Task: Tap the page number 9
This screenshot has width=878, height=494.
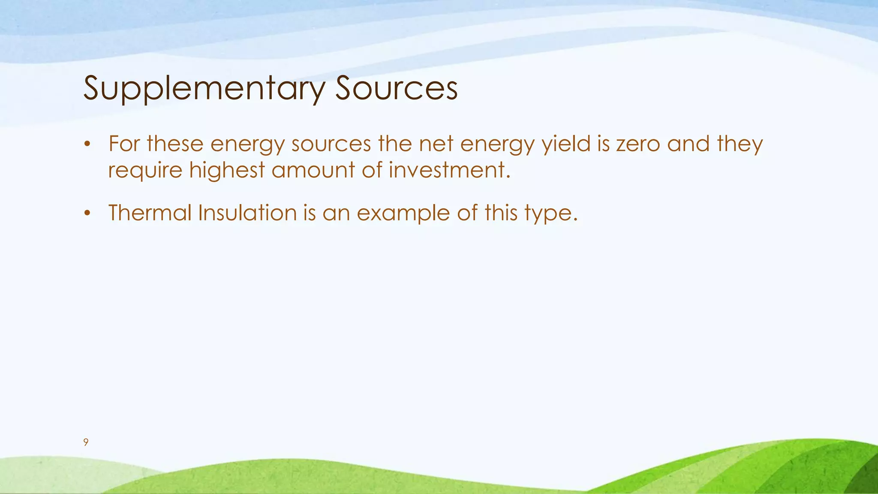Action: [86, 443]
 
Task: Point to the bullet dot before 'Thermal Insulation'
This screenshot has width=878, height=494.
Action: [87, 213]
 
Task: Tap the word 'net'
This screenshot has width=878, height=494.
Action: [436, 144]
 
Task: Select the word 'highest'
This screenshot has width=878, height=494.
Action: [227, 170]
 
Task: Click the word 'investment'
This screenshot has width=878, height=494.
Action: [449, 170]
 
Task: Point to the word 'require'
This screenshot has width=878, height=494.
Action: [145, 171]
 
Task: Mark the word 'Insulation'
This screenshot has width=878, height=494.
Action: [247, 213]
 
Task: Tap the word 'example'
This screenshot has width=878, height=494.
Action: [403, 214]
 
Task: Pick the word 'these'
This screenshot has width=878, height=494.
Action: [175, 144]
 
